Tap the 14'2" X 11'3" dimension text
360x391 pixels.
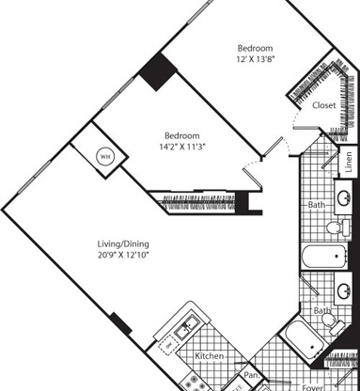click(x=181, y=148)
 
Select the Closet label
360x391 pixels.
click(x=324, y=106)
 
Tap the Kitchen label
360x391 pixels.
click(x=209, y=357)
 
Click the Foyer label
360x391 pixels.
click(x=313, y=385)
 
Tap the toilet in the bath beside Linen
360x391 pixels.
click(x=334, y=227)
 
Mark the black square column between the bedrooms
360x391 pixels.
click(x=155, y=69)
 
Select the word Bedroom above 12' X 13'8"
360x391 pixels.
click(x=255, y=48)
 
